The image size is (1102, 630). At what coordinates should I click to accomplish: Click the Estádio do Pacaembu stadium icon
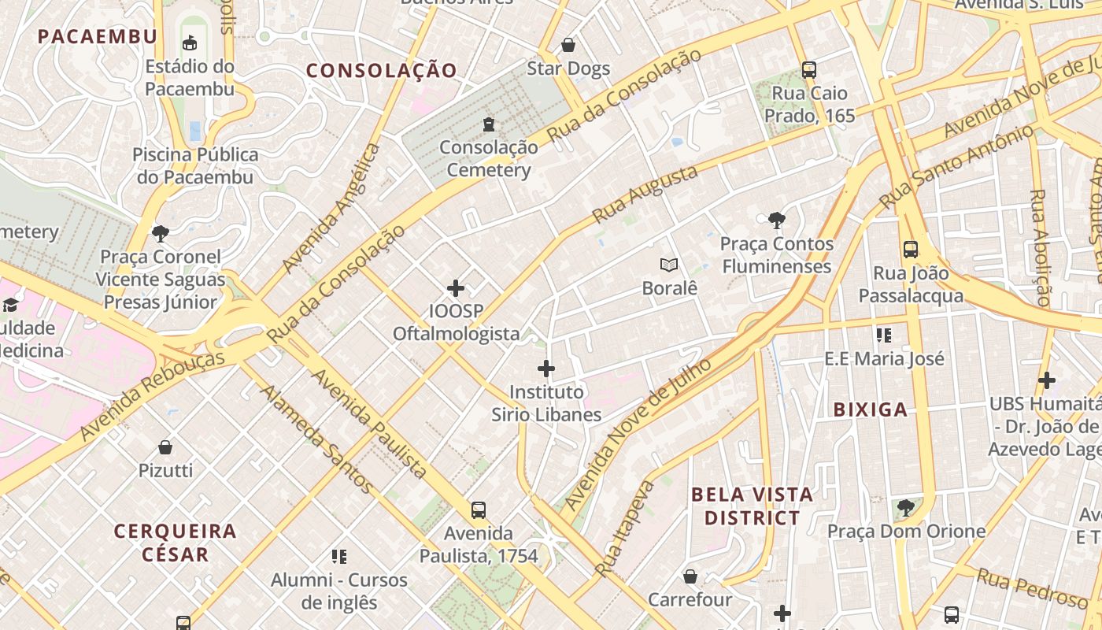(x=189, y=43)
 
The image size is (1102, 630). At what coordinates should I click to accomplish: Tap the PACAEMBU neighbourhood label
(x=98, y=36)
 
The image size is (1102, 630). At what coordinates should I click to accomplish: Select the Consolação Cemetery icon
(x=489, y=124)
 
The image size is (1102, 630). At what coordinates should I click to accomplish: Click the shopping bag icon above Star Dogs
(x=568, y=45)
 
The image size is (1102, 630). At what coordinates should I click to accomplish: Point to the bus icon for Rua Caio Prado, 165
(x=809, y=69)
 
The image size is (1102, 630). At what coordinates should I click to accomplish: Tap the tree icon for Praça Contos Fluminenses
(x=776, y=220)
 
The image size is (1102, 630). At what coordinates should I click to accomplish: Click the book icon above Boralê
(x=669, y=265)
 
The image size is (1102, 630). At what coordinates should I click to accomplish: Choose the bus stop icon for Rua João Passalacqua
(x=911, y=250)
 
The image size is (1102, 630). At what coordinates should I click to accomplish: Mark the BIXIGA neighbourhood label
(x=871, y=409)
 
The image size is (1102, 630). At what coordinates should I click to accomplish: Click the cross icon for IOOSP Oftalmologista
(x=456, y=288)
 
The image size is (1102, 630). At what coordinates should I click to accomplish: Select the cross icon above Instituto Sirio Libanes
(x=546, y=368)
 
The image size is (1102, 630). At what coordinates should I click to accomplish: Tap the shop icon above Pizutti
(x=165, y=447)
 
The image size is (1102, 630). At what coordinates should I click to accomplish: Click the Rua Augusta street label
(x=645, y=195)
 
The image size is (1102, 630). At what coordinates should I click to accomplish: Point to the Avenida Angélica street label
(x=331, y=207)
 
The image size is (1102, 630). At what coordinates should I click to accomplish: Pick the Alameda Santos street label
(x=317, y=439)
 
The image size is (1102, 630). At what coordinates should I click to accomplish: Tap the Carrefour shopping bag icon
(x=690, y=576)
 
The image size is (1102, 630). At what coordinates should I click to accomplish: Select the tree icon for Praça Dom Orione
(x=905, y=507)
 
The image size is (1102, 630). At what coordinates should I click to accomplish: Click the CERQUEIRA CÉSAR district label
(x=175, y=543)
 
